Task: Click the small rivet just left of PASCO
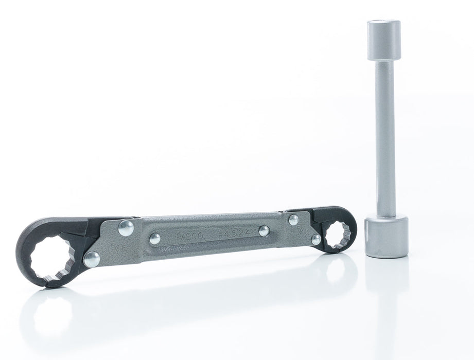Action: (154, 238)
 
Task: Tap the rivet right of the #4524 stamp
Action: (264, 230)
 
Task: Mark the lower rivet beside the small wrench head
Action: (316, 239)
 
